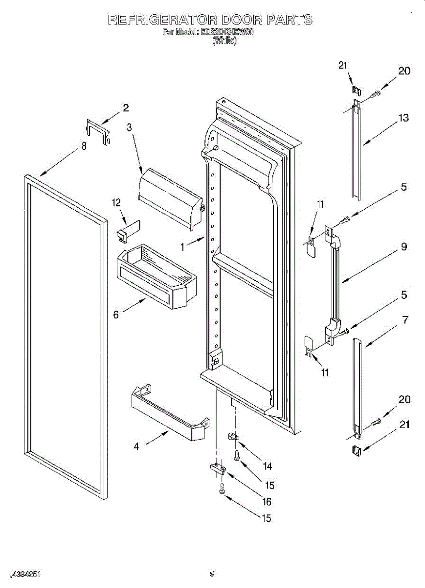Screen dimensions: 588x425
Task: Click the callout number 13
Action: click(403, 118)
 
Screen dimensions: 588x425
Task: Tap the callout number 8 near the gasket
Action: click(84, 146)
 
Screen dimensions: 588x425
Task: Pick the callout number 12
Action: click(116, 202)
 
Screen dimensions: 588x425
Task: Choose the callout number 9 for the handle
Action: click(404, 247)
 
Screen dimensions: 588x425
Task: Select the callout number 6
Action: click(116, 315)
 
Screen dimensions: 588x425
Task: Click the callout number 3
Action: click(130, 128)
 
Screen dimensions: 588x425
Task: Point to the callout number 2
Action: click(126, 108)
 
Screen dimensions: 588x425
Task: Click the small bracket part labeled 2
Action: click(98, 131)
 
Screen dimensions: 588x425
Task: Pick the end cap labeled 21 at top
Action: click(357, 90)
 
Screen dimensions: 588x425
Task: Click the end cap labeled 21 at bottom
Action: click(356, 449)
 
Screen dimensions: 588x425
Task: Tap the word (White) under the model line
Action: click(224, 42)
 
